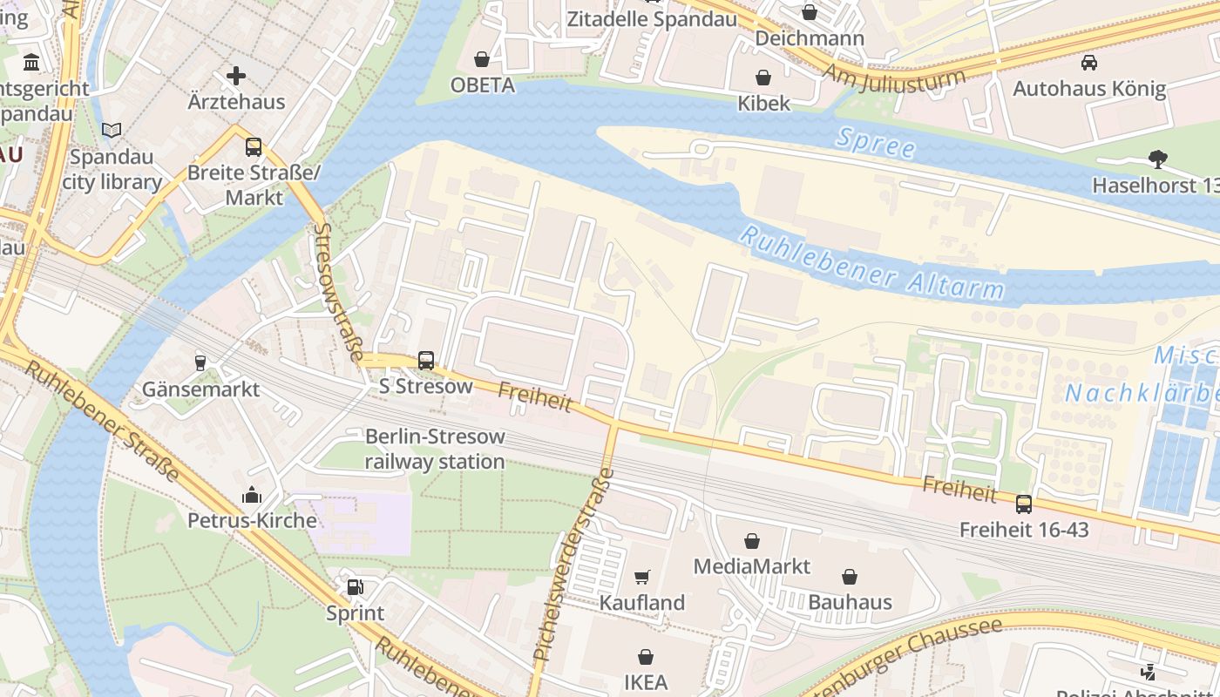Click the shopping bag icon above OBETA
[481, 59]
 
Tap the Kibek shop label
[763, 103]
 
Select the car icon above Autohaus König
[1088, 63]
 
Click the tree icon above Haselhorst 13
[1157, 159]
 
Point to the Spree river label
[875, 144]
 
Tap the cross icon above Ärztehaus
[236, 76]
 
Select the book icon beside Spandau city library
[112, 131]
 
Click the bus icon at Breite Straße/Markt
[254, 146]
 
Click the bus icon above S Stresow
[426, 360]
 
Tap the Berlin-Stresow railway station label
[434, 449]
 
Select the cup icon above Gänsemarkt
[200, 363]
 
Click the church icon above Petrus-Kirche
[252, 496]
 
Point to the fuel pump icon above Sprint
[355, 587]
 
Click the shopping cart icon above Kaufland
[642, 577]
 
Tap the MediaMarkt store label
[751, 566]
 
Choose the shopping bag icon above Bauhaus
[850, 577]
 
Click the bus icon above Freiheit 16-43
[1024, 504]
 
